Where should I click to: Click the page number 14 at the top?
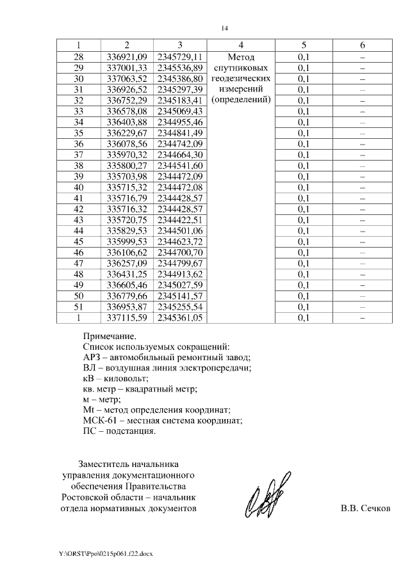224,28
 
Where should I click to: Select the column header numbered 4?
240,45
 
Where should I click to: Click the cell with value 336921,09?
127,57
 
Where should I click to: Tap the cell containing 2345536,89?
180,68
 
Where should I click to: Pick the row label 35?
79,133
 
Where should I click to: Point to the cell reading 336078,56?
127,144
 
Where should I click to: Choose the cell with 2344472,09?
180,177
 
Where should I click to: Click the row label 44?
79,231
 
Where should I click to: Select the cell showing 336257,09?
127,264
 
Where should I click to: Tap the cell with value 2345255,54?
180,307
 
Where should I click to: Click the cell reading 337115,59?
127,318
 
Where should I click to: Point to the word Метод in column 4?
241,57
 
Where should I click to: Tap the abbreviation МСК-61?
100,420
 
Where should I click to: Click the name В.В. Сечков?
365,509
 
